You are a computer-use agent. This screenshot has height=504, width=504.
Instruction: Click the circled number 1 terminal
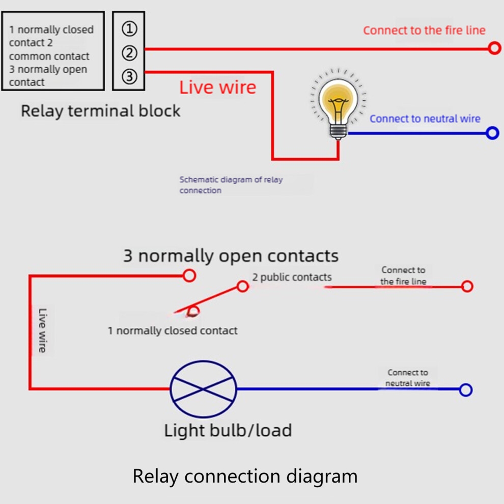pos(129,29)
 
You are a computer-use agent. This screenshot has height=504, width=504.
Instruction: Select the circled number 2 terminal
pos(129,53)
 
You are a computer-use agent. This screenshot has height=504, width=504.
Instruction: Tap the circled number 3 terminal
pos(129,77)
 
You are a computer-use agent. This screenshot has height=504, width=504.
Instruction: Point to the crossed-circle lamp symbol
pos(203,389)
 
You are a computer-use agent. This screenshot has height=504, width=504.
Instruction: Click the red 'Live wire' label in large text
pos(217,88)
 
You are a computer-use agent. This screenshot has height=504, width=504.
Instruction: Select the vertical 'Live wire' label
pos(42,330)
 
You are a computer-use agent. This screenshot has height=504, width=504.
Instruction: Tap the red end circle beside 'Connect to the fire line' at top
pos(494,48)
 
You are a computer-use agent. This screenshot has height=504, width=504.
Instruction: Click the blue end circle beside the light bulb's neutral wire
pos(492,133)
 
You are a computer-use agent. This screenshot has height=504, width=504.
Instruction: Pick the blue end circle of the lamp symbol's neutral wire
pos(466,390)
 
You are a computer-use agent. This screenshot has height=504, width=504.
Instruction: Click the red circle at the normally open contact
pos(189,275)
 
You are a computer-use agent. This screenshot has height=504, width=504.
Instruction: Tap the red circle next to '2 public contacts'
pos(243,286)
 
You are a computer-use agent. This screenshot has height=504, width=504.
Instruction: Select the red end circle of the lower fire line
pos(467,286)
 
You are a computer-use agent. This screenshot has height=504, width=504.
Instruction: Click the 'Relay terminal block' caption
pos(100,111)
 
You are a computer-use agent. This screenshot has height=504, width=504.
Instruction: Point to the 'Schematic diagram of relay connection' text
pos(231,185)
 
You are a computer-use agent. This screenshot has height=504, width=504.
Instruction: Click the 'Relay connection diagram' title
pos(245,477)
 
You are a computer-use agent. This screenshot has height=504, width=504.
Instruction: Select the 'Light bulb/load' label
pos(228,430)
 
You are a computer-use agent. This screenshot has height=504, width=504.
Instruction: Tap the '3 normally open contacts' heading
pos(231,256)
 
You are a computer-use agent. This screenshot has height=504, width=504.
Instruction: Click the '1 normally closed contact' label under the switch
pos(173,330)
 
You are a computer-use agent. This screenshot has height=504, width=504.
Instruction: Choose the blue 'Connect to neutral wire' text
pos(425,119)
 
